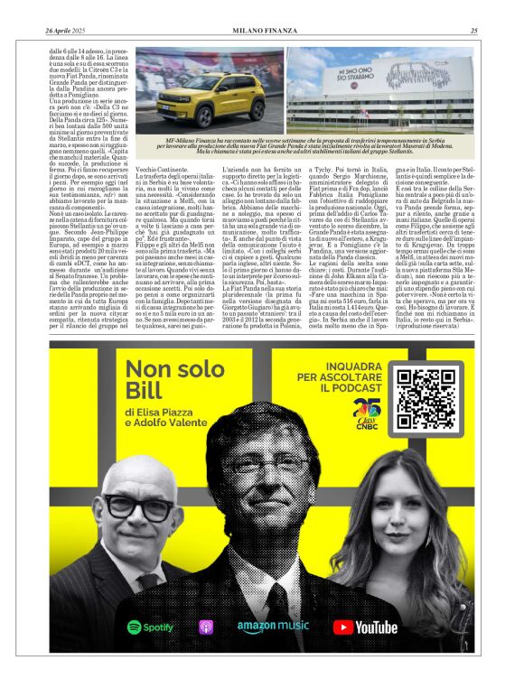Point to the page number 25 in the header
pos(473,32)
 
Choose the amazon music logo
pos(273,626)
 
